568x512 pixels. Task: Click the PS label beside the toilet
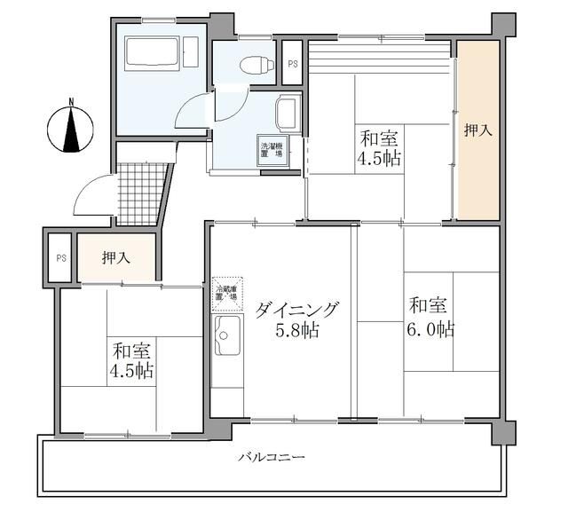point(292,64)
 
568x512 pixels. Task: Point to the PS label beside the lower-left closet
point(61,258)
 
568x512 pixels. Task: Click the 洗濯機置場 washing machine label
point(271,150)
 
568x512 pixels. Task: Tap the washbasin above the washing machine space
point(287,113)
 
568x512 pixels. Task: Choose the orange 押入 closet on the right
point(477,130)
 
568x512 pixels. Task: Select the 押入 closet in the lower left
point(116,258)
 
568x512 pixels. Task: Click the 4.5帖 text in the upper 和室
point(378,160)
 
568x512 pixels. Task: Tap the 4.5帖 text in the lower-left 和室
point(130,370)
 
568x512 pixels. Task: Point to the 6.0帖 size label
point(430,329)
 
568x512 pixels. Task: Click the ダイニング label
point(297,310)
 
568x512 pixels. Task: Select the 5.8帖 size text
point(297,332)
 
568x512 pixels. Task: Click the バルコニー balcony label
point(272,458)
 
